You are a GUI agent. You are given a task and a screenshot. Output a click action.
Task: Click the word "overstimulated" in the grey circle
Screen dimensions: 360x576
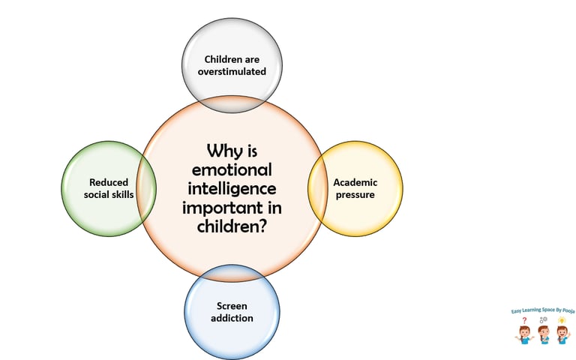[232, 71]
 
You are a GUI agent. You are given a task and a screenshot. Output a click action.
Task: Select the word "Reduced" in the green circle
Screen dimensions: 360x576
[109, 182]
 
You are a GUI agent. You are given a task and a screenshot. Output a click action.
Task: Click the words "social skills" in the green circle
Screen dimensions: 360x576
[108, 195]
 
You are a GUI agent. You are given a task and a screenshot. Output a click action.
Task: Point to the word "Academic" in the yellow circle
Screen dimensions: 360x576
[355, 182]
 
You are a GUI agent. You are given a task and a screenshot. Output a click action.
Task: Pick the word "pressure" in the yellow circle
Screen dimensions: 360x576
[355, 195]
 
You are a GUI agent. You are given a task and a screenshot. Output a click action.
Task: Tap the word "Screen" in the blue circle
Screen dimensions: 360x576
[232, 306]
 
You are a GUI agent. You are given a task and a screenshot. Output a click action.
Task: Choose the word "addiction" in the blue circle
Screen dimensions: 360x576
[232, 318]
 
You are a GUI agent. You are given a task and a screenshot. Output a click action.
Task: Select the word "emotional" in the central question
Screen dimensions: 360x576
[232, 169]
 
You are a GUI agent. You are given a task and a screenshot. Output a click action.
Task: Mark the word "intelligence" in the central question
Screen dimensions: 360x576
[232, 187]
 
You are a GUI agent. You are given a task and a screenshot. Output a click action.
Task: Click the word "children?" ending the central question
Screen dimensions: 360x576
[232, 225]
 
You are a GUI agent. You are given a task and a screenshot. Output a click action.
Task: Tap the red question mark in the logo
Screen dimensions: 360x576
[524, 320]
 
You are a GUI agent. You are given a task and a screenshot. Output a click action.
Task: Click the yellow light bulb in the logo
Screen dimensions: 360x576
[560, 320]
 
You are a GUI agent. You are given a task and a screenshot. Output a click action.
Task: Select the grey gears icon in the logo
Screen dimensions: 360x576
[543, 320]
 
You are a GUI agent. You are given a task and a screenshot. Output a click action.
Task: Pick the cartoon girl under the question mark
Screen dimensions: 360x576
[523, 335]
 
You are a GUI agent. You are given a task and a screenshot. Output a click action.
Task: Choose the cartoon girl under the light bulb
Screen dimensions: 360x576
[560, 335]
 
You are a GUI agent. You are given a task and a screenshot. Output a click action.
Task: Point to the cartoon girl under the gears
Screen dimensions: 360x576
[542, 335]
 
